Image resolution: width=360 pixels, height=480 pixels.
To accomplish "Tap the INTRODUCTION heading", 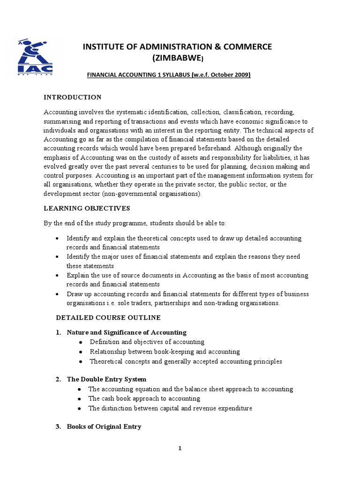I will click(x=73, y=97).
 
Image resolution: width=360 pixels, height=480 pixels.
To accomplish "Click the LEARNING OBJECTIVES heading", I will click(x=87, y=208).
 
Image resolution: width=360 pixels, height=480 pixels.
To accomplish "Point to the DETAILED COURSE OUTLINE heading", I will click(x=108, y=318).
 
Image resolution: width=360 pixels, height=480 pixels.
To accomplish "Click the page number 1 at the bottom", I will click(x=180, y=448).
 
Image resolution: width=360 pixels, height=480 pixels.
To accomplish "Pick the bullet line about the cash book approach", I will click(x=144, y=398).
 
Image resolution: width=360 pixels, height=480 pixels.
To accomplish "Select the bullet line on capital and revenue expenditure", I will click(x=170, y=408).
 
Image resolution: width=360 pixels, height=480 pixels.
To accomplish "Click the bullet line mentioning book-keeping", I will click(x=165, y=352).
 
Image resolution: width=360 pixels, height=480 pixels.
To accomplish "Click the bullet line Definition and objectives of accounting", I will click(x=147, y=342).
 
